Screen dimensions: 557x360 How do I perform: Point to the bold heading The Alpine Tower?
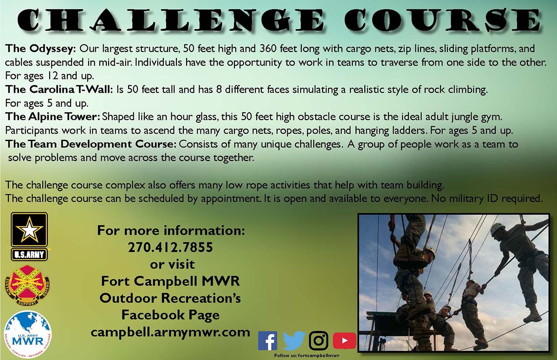click(52, 117)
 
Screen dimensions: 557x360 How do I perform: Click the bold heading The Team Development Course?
click(91, 145)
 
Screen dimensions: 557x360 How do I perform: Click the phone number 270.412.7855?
click(171, 247)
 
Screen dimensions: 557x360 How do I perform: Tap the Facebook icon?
click(267, 341)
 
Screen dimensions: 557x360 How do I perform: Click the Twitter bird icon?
click(294, 341)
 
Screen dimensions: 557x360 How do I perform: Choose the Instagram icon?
click(318, 341)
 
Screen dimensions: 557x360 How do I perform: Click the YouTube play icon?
click(344, 341)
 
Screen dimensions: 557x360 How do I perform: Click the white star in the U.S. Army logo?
click(29, 230)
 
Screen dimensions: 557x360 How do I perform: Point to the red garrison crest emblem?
click(27, 285)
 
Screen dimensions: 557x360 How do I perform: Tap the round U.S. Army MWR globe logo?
click(28, 334)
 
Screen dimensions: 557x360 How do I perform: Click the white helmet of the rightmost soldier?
click(498, 229)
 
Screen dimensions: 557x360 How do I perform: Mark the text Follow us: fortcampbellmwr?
click(307, 355)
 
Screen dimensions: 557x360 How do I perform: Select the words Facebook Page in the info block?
click(171, 315)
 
